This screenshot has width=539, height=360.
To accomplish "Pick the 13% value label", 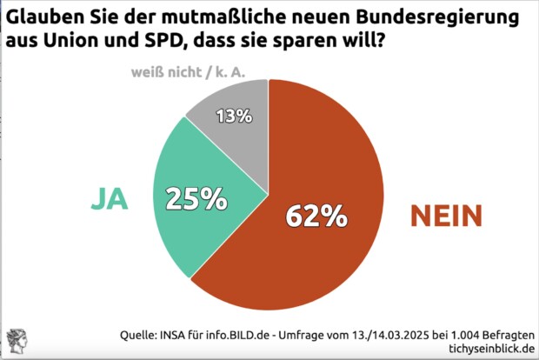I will (235, 116).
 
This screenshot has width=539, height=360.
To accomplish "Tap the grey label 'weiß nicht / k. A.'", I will (188, 71).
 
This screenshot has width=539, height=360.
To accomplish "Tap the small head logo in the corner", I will (17, 342).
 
